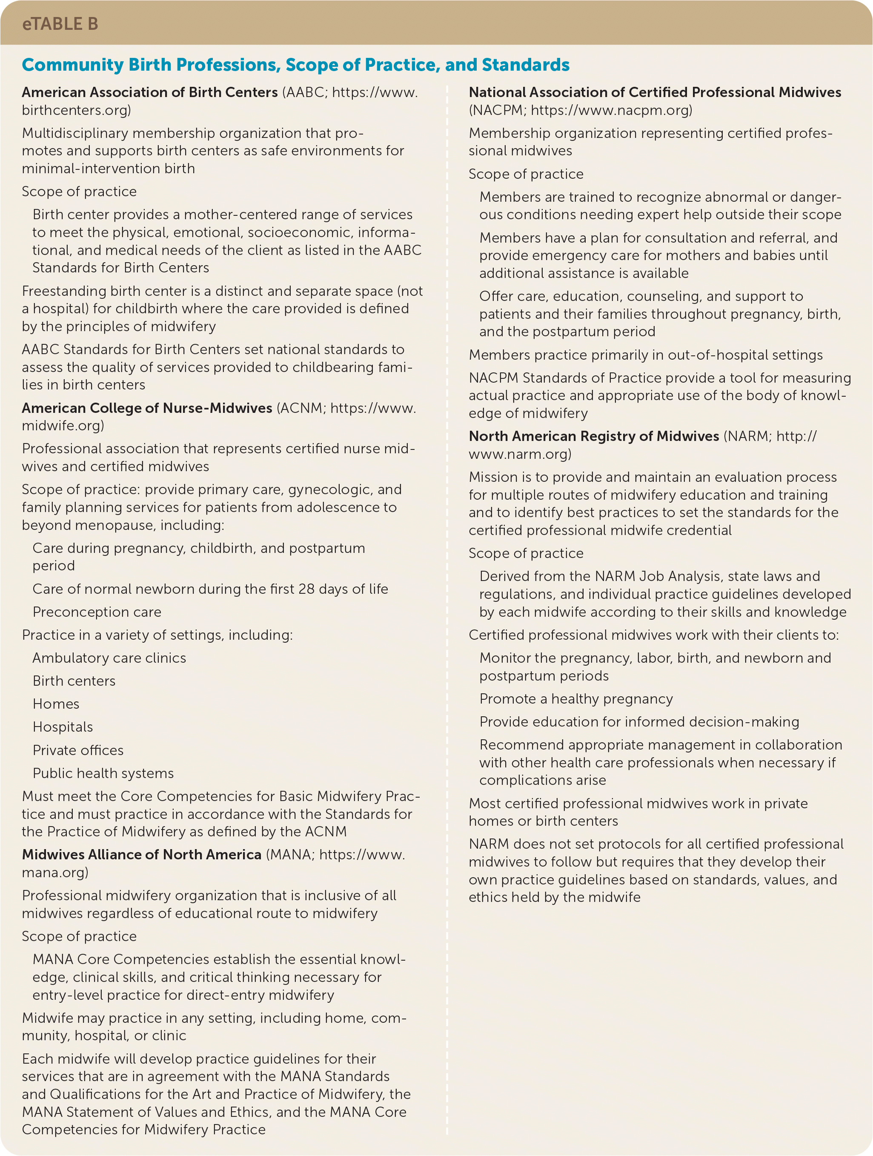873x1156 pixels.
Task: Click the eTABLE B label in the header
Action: tap(60, 24)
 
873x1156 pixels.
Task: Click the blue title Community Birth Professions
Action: tap(295, 65)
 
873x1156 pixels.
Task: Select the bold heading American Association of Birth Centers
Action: tap(149, 92)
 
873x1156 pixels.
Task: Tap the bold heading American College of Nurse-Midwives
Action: tap(147, 408)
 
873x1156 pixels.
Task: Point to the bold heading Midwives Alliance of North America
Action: tap(141, 855)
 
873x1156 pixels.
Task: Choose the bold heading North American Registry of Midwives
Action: tap(594, 436)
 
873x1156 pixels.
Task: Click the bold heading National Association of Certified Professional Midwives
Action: tap(655, 92)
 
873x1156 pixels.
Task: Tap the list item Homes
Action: tap(56, 704)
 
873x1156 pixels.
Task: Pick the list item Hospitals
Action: tap(63, 727)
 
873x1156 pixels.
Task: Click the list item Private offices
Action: tap(78, 750)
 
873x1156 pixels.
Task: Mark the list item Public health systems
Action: tap(103, 773)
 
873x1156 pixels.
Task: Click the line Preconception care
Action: tap(97, 612)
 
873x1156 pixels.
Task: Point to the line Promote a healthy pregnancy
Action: tap(576, 699)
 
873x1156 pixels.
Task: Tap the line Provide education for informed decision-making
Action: tap(639, 722)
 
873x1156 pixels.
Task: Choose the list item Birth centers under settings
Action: tap(74, 681)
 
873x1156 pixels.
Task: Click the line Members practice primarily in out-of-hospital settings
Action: tap(646, 355)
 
